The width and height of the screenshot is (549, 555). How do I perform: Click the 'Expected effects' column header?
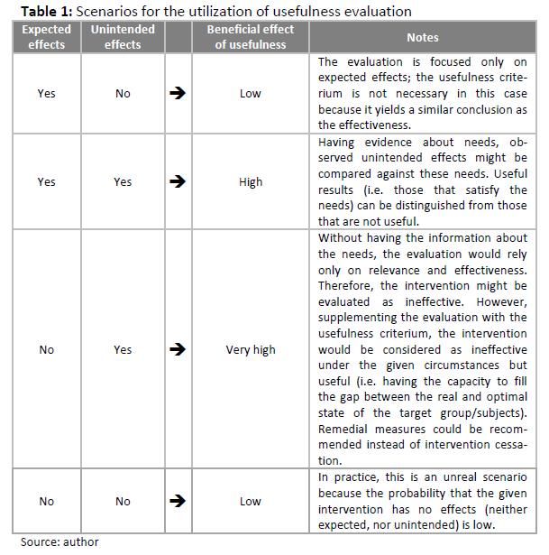[x=47, y=37]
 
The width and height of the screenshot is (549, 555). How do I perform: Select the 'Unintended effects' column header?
[x=123, y=37]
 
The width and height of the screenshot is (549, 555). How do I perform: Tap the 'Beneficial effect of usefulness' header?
[x=251, y=37]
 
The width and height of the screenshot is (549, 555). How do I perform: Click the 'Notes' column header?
[x=423, y=37]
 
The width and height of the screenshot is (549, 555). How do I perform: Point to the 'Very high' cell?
[x=251, y=349]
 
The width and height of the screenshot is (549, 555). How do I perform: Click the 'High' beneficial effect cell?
[x=251, y=181]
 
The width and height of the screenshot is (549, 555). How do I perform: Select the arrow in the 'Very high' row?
[x=178, y=349]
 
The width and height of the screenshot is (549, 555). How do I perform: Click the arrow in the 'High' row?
[x=178, y=181]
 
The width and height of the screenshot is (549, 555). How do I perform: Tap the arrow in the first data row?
[x=178, y=93]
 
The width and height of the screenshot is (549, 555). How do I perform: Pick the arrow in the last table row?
[x=178, y=501]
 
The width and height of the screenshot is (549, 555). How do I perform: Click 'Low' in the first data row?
[x=251, y=93]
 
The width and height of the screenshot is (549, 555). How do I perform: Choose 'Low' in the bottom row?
[x=251, y=501]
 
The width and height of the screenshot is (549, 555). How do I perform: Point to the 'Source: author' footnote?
[x=59, y=541]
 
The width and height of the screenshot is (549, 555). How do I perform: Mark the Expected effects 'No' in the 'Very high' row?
[x=47, y=349]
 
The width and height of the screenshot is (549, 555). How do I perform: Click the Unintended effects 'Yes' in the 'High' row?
[x=123, y=181]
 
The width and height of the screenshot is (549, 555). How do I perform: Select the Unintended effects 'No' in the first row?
[x=123, y=93]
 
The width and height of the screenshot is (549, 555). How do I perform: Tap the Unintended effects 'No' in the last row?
[x=123, y=501]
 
